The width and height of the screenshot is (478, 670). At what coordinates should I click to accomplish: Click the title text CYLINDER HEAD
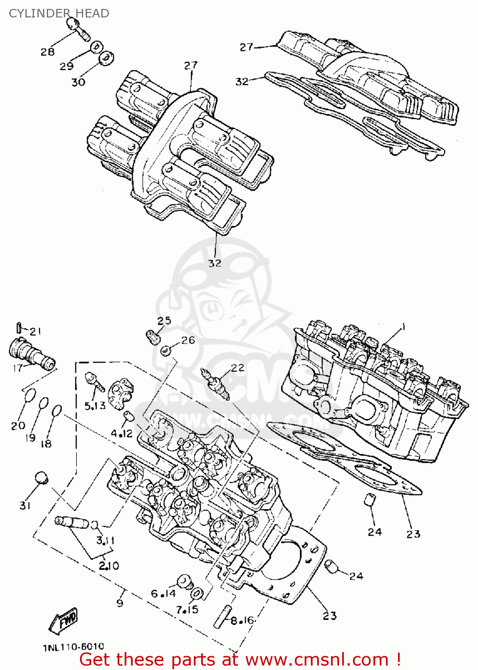coord(59,13)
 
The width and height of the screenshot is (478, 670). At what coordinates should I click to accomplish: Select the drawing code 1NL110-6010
coord(74,647)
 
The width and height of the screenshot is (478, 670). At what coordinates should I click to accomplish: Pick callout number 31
coord(25,505)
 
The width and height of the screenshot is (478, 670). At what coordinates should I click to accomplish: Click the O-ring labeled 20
coord(29,395)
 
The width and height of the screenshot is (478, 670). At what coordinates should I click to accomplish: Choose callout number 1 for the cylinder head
coord(403,327)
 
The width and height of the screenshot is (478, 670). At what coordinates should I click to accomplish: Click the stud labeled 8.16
coord(222,616)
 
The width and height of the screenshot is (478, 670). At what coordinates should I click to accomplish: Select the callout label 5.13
coord(95,406)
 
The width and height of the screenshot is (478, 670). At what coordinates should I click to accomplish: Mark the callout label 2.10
coord(109,566)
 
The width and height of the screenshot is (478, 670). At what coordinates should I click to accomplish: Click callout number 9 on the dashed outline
coord(120,603)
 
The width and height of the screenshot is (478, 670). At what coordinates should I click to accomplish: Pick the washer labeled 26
coord(166,350)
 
